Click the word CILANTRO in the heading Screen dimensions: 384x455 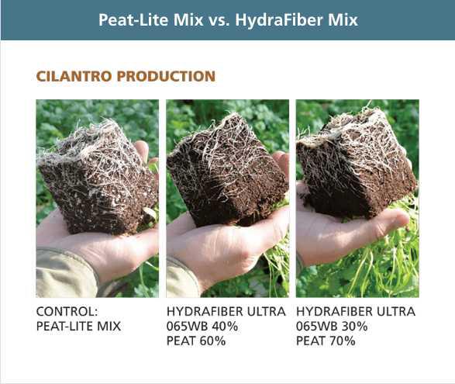70,77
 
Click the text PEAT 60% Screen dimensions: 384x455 194,341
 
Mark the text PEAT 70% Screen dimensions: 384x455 324,341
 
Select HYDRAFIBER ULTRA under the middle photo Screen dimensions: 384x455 226,312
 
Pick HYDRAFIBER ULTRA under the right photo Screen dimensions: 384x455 356,312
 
